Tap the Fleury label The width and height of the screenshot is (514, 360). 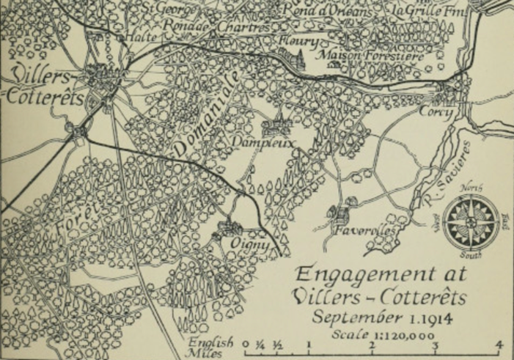point(299,41)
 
